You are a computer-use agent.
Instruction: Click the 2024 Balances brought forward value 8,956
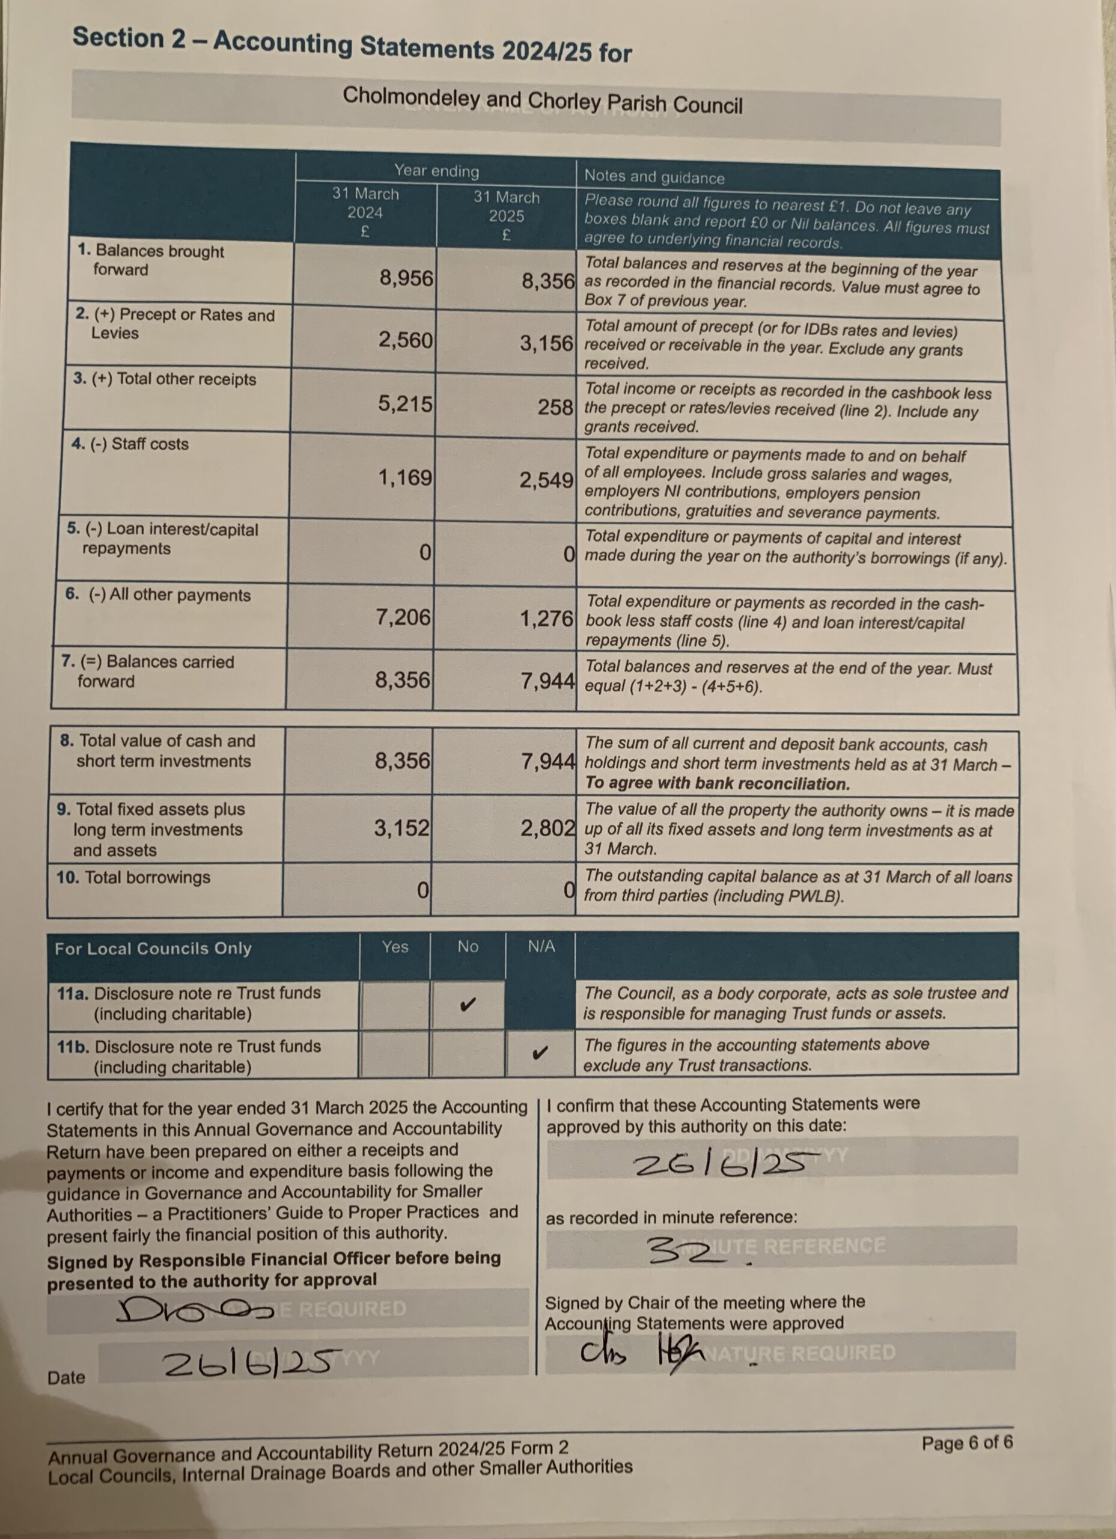[x=406, y=278]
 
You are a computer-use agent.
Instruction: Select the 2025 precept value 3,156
[x=546, y=343]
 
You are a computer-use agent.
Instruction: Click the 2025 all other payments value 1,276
[x=546, y=618]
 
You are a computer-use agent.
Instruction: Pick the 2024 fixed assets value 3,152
[x=401, y=827]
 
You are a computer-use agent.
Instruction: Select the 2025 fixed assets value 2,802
[x=547, y=828]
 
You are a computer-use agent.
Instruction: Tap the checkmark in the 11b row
[x=540, y=1053]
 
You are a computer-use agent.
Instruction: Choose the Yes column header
[x=395, y=947]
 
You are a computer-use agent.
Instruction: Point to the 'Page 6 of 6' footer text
[x=966, y=1442]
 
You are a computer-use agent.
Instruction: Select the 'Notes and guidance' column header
[x=654, y=177]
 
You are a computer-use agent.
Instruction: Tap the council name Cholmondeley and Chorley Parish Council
[x=542, y=101]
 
